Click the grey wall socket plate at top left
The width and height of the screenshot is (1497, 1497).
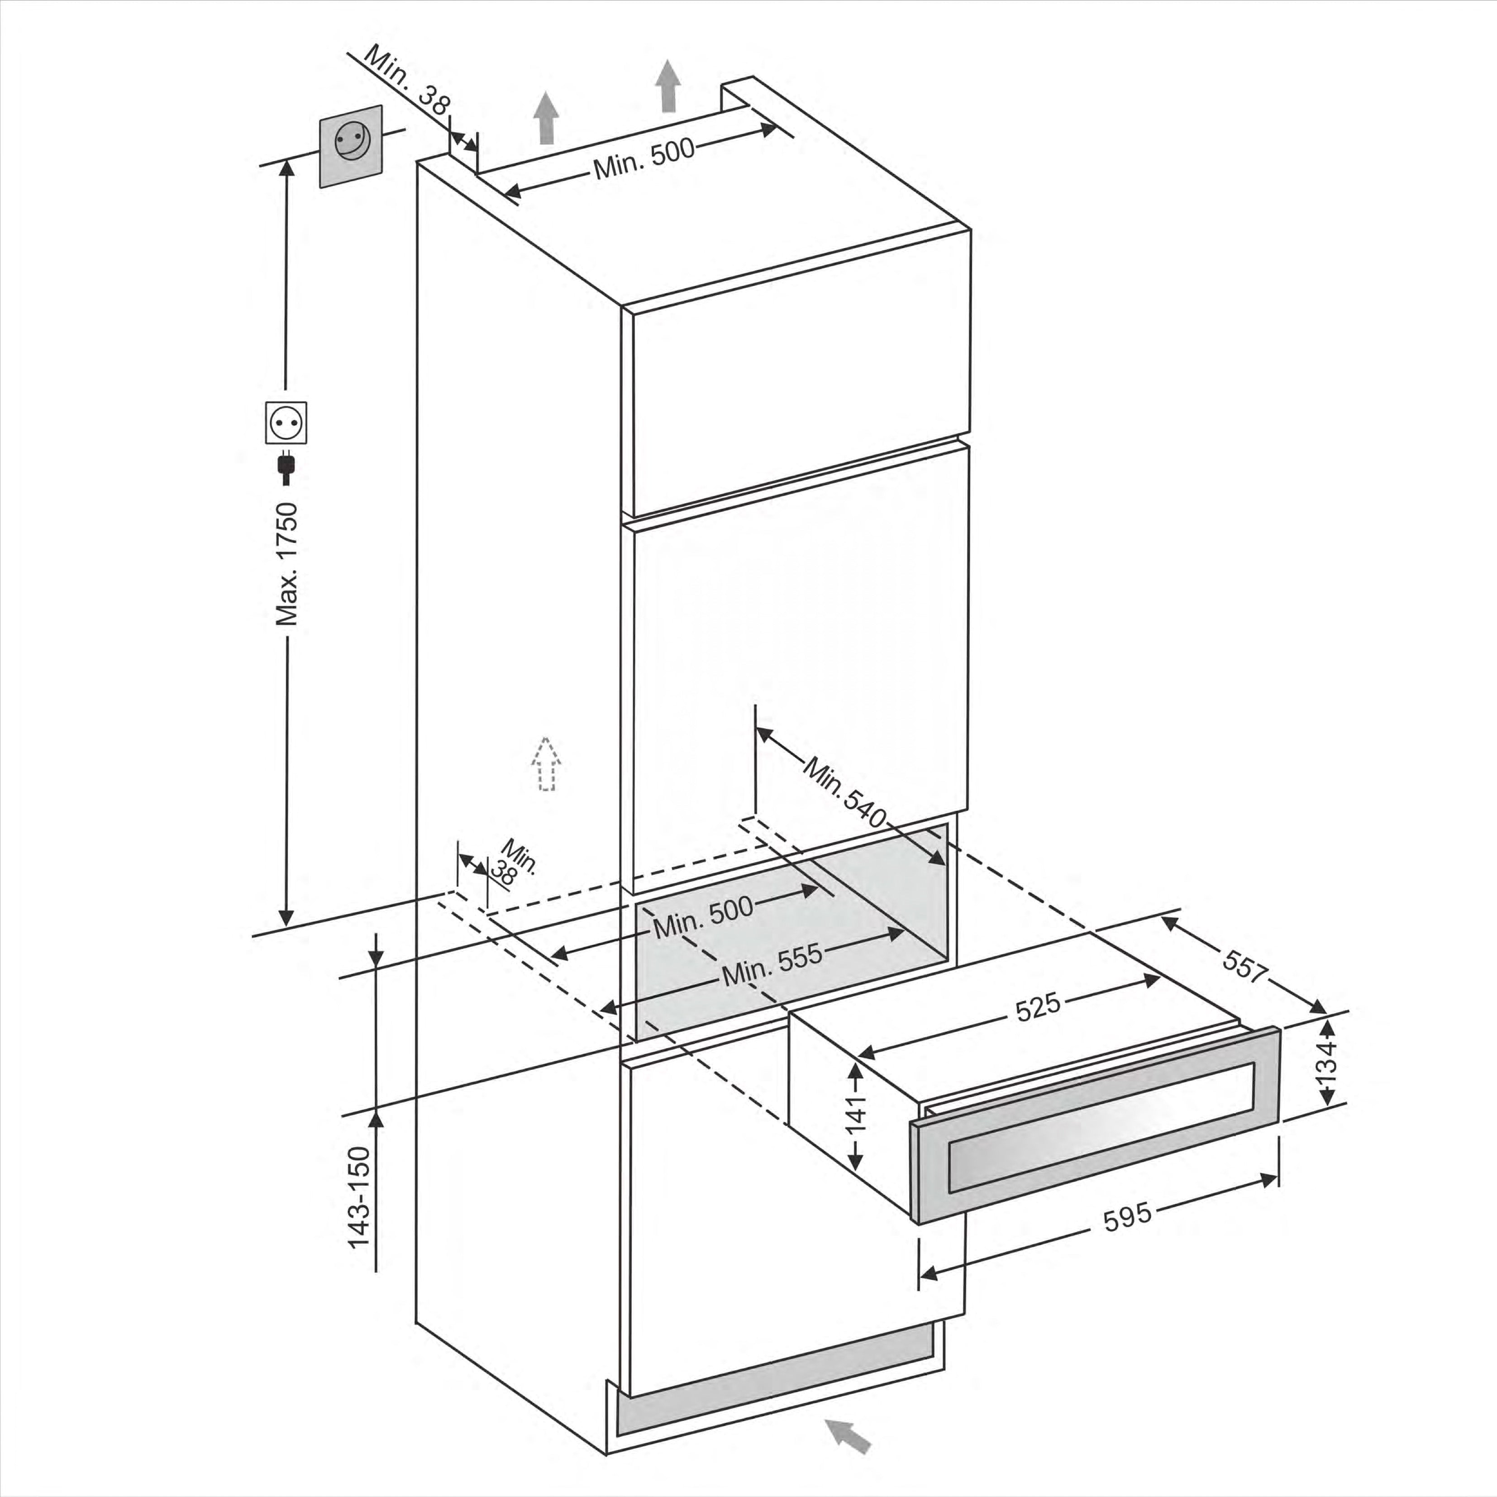(351, 146)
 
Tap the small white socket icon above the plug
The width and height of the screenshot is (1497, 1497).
(286, 422)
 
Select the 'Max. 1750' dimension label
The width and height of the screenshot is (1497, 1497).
(287, 563)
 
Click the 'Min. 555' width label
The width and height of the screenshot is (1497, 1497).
(772, 965)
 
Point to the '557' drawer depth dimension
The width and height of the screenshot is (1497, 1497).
(1245, 965)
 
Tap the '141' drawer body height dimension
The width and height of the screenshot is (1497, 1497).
(855, 1115)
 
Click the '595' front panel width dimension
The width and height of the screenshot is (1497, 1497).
(1127, 1216)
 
